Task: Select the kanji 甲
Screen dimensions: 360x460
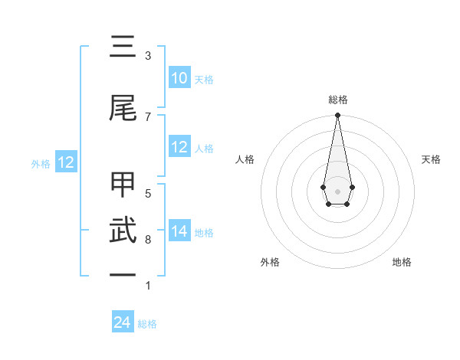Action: click(x=123, y=186)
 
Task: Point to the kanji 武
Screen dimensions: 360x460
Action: click(x=123, y=231)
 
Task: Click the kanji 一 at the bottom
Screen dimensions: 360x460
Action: click(x=123, y=274)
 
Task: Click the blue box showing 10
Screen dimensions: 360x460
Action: click(x=179, y=78)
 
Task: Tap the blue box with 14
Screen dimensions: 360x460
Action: click(x=179, y=232)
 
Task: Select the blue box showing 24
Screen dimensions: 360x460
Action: click(x=123, y=323)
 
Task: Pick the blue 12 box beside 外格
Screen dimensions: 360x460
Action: click(x=65, y=162)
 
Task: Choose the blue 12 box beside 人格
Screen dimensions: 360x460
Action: click(x=179, y=148)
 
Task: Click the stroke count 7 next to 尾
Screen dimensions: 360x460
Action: click(x=148, y=116)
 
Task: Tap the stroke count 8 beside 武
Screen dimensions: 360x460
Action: click(x=148, y=240)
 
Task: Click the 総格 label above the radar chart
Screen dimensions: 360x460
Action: click(x=338, y=100)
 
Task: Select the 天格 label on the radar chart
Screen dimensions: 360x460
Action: click(x=432, y=159)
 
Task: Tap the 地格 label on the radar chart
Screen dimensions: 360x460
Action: click(x=402, y=263)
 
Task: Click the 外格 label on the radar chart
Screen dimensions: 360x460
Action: click(x=270, y=263)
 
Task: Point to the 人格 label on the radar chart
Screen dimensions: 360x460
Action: click(x=245, y=159)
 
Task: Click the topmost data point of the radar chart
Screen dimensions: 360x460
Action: click(x=337, y=116)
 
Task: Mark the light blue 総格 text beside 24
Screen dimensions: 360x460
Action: click(x=147, y=324)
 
